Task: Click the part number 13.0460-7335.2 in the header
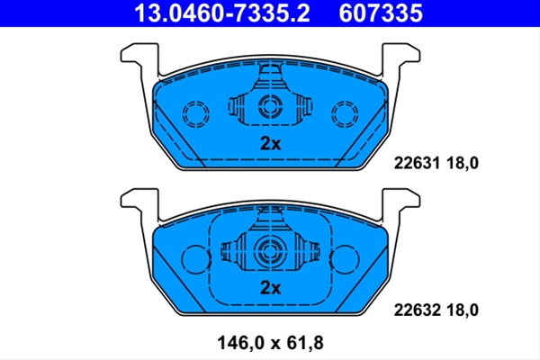coord(222,13)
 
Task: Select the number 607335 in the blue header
coord(381,13)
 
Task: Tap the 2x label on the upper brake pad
coord(270,143)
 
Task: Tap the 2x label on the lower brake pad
coord(270,288)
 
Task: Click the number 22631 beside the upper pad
coord(417,163)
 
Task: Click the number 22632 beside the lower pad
coord(417,310)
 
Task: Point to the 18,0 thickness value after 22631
coord(463,163)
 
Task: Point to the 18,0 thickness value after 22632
coord(463,310)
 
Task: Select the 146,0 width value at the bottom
coord(240,343)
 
